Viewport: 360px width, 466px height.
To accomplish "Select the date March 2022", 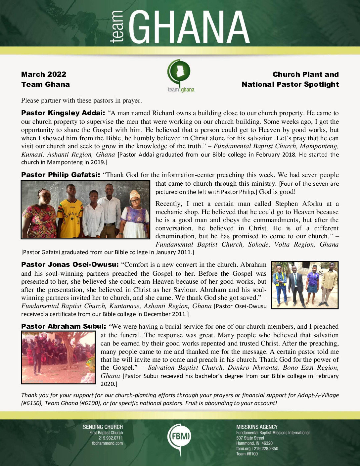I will [44, 74].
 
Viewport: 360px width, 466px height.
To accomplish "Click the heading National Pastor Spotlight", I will [290, 84].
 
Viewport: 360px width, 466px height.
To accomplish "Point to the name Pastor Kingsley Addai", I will [63, 113].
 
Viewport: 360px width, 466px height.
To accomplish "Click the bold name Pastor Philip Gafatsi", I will [61, 175].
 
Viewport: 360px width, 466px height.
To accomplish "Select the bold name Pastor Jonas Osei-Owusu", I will [69, 265].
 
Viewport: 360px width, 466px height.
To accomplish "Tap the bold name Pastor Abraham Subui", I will [64, 327].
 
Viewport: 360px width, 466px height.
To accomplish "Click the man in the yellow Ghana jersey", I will [70, 212].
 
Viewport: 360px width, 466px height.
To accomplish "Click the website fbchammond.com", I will [107, 443].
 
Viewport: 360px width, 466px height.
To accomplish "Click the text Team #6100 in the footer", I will [247, 454].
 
